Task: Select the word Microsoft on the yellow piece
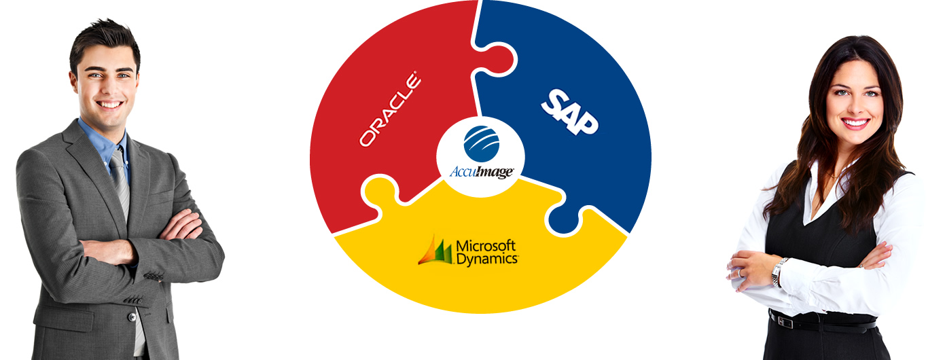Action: tap(486, 245)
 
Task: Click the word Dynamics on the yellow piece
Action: tap(486, 258)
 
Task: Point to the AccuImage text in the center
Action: tap(481, 172)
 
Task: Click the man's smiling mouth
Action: tap(110, 105)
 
